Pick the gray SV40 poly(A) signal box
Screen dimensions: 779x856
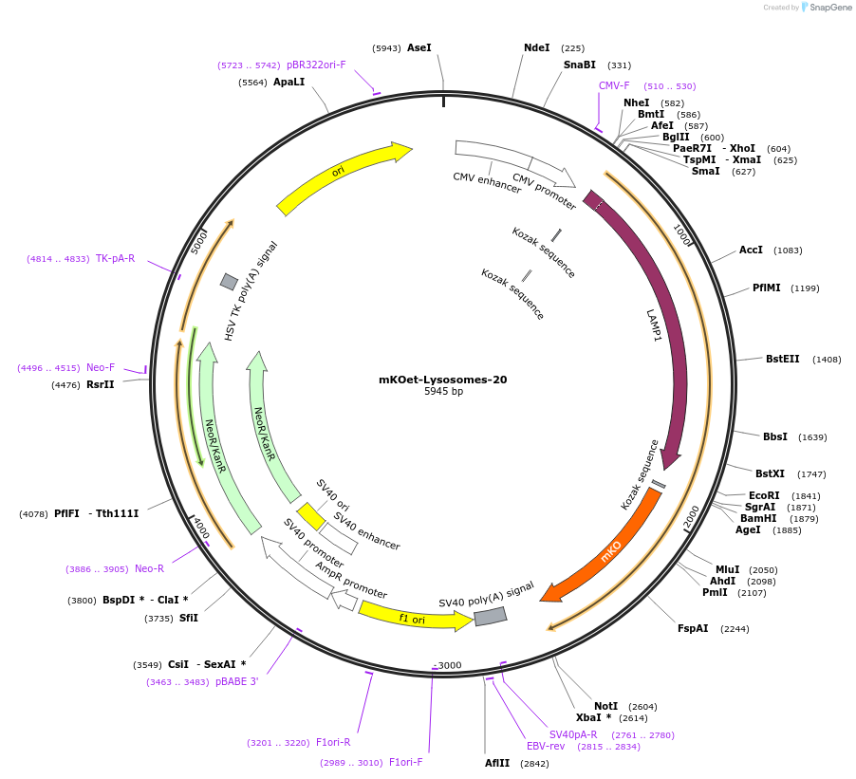point(491,616)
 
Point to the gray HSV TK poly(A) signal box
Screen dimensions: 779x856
point(229,282)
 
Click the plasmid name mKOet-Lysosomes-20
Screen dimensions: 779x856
point(442,380)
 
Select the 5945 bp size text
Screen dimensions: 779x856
point(442,392)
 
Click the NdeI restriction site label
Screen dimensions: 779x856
point(536,47)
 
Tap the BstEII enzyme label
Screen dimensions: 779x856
point(783,359)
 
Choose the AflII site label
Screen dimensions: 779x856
point(497,762)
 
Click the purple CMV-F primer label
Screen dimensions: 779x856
point(614,86)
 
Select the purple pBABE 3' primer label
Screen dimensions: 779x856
point(236,681)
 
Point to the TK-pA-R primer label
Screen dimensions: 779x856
point(115,258)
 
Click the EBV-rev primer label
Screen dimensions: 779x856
point(546,746)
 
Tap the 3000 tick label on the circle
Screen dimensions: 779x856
point(449,665)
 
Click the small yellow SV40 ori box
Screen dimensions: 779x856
point(310,516)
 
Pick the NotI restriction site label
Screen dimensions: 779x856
point(605,706)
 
